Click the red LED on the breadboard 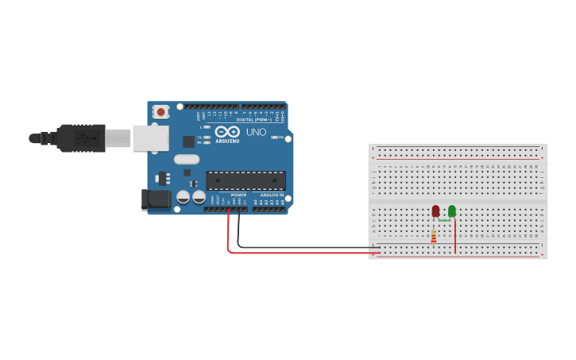(x=435, y=211)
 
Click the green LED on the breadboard (x=452, y=211)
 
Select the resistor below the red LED (x=433, y=237)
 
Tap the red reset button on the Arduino (x=161, y=112)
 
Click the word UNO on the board (x=256, y=132)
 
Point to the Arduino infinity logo (x=227, y=132)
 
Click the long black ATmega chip (x=245, y=180)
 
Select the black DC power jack (x=157, y=199)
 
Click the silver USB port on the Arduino (x=151, y=137)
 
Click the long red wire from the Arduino (x=302, y=253)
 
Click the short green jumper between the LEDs (x=444, y=219)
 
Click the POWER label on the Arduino (x=238, y=195)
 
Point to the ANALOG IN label (x=272, y=195)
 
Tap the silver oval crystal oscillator (x=187, y=159)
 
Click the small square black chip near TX (x=188, y=141)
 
